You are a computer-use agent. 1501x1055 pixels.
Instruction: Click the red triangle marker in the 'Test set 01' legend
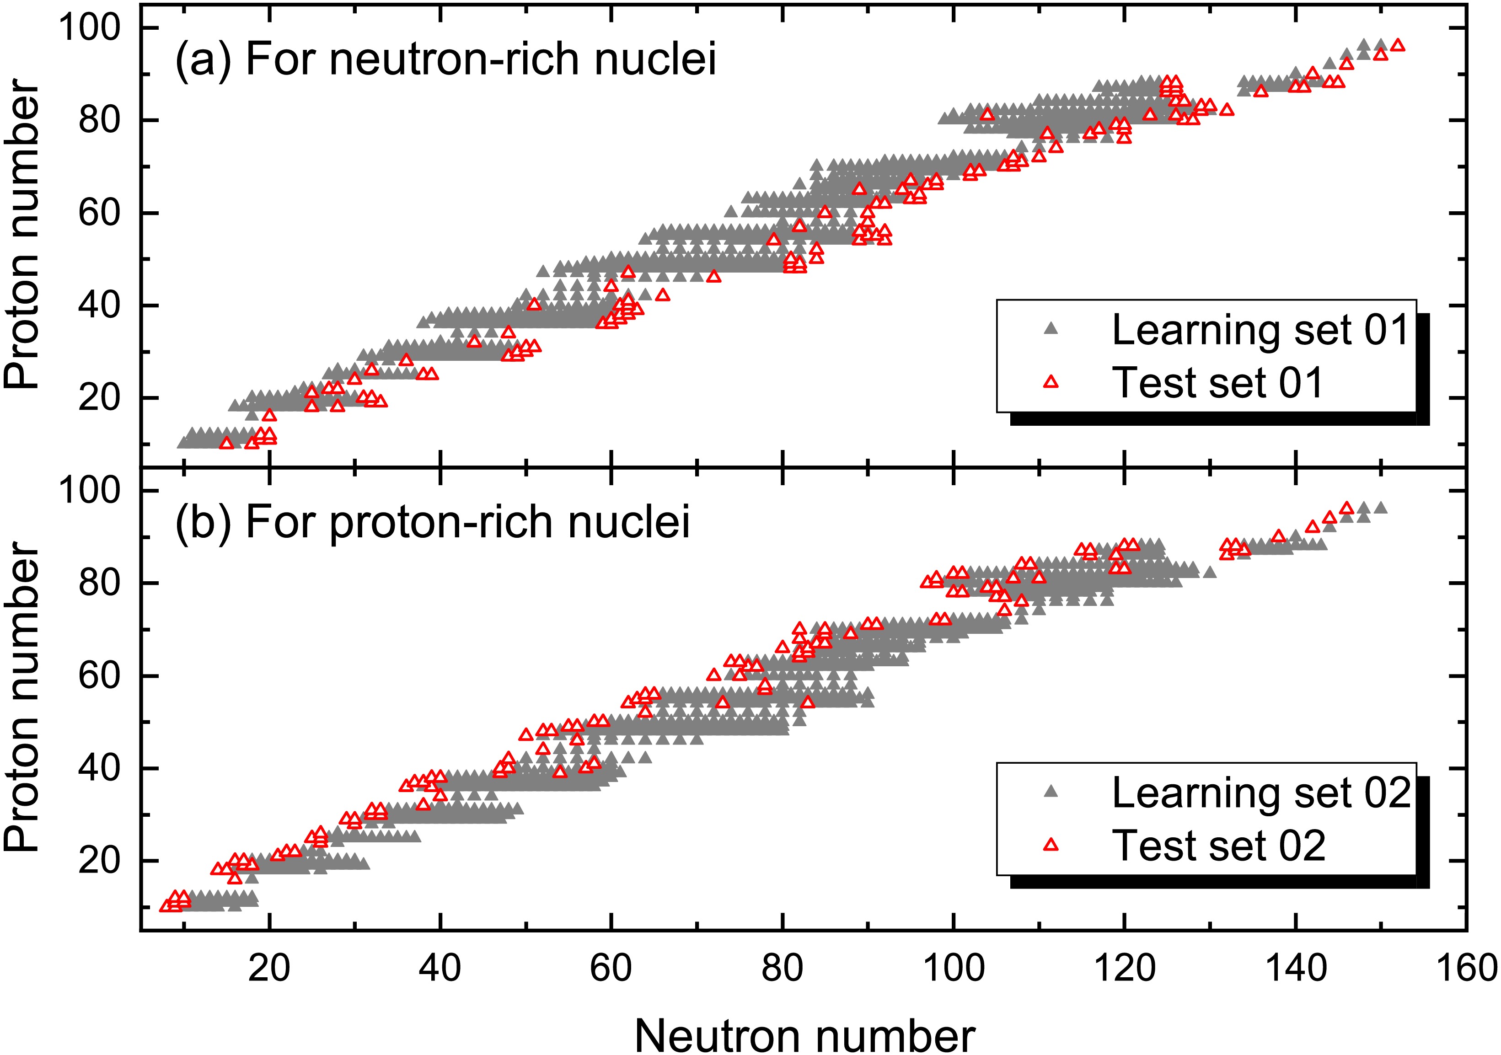pos(1051,382)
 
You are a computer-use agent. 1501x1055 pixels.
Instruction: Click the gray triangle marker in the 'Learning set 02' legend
pos(1051,792)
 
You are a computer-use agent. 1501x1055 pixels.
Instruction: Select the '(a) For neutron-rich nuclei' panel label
pos(446,59)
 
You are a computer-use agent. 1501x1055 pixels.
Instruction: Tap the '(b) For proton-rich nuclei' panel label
pos(433,522)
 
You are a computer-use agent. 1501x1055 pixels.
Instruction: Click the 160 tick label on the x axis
pos(1466,968)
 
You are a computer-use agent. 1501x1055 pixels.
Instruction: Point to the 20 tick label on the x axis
pos(269,968)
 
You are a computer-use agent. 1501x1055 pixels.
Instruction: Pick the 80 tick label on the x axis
pos(782,968)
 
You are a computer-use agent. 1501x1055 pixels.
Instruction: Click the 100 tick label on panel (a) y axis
pos(90,27)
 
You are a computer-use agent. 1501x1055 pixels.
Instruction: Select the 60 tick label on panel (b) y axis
pos(99,675)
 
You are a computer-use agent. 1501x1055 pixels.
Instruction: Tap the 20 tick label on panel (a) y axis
pos(99,397)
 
